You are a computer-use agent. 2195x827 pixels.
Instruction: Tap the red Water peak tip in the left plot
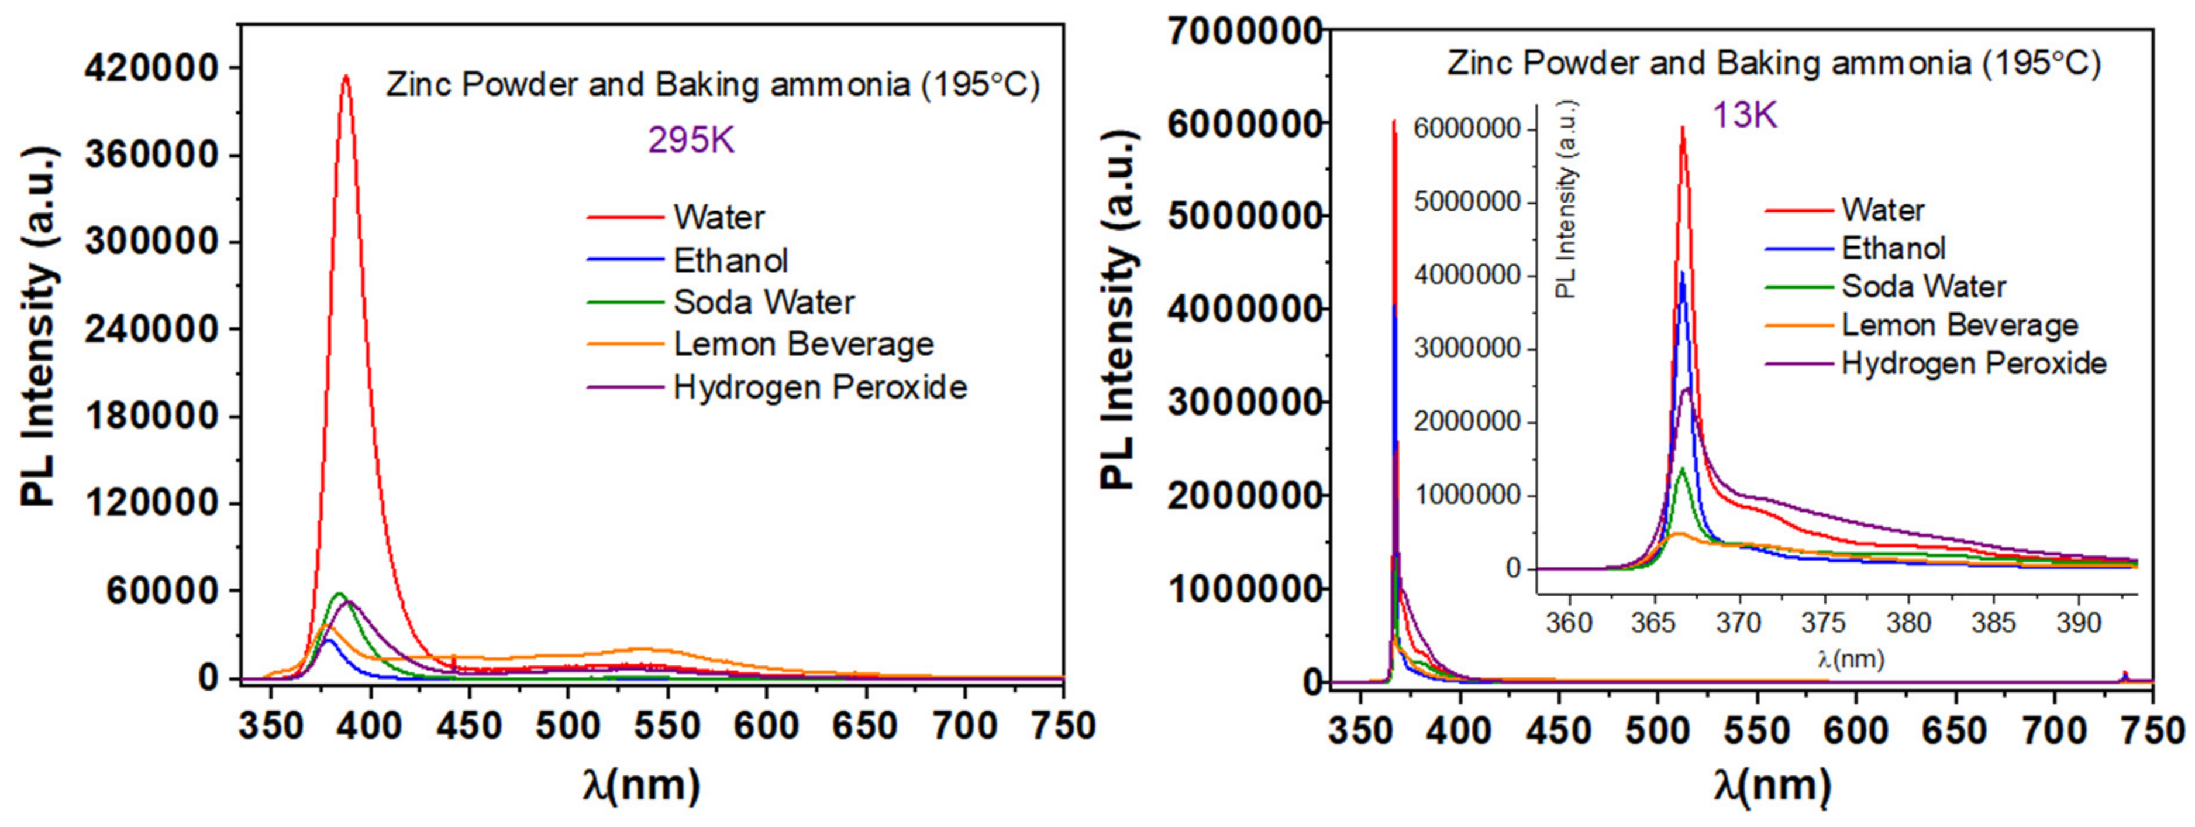[x=345, y=77]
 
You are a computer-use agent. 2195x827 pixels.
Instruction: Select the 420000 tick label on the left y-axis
[x=151, y=68]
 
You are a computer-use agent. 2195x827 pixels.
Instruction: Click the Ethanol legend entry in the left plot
[x=730, y=260]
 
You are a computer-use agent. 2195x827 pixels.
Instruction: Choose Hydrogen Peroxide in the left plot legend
[x=820, y=387]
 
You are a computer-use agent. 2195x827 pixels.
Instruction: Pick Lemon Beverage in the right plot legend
[x=1960, y=325]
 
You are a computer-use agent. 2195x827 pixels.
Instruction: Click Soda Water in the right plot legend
[x=1924, y=286]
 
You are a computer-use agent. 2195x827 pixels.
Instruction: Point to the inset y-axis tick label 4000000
[x=1466, y=276]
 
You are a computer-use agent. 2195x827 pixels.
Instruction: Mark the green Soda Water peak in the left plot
[x=338, y=594]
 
